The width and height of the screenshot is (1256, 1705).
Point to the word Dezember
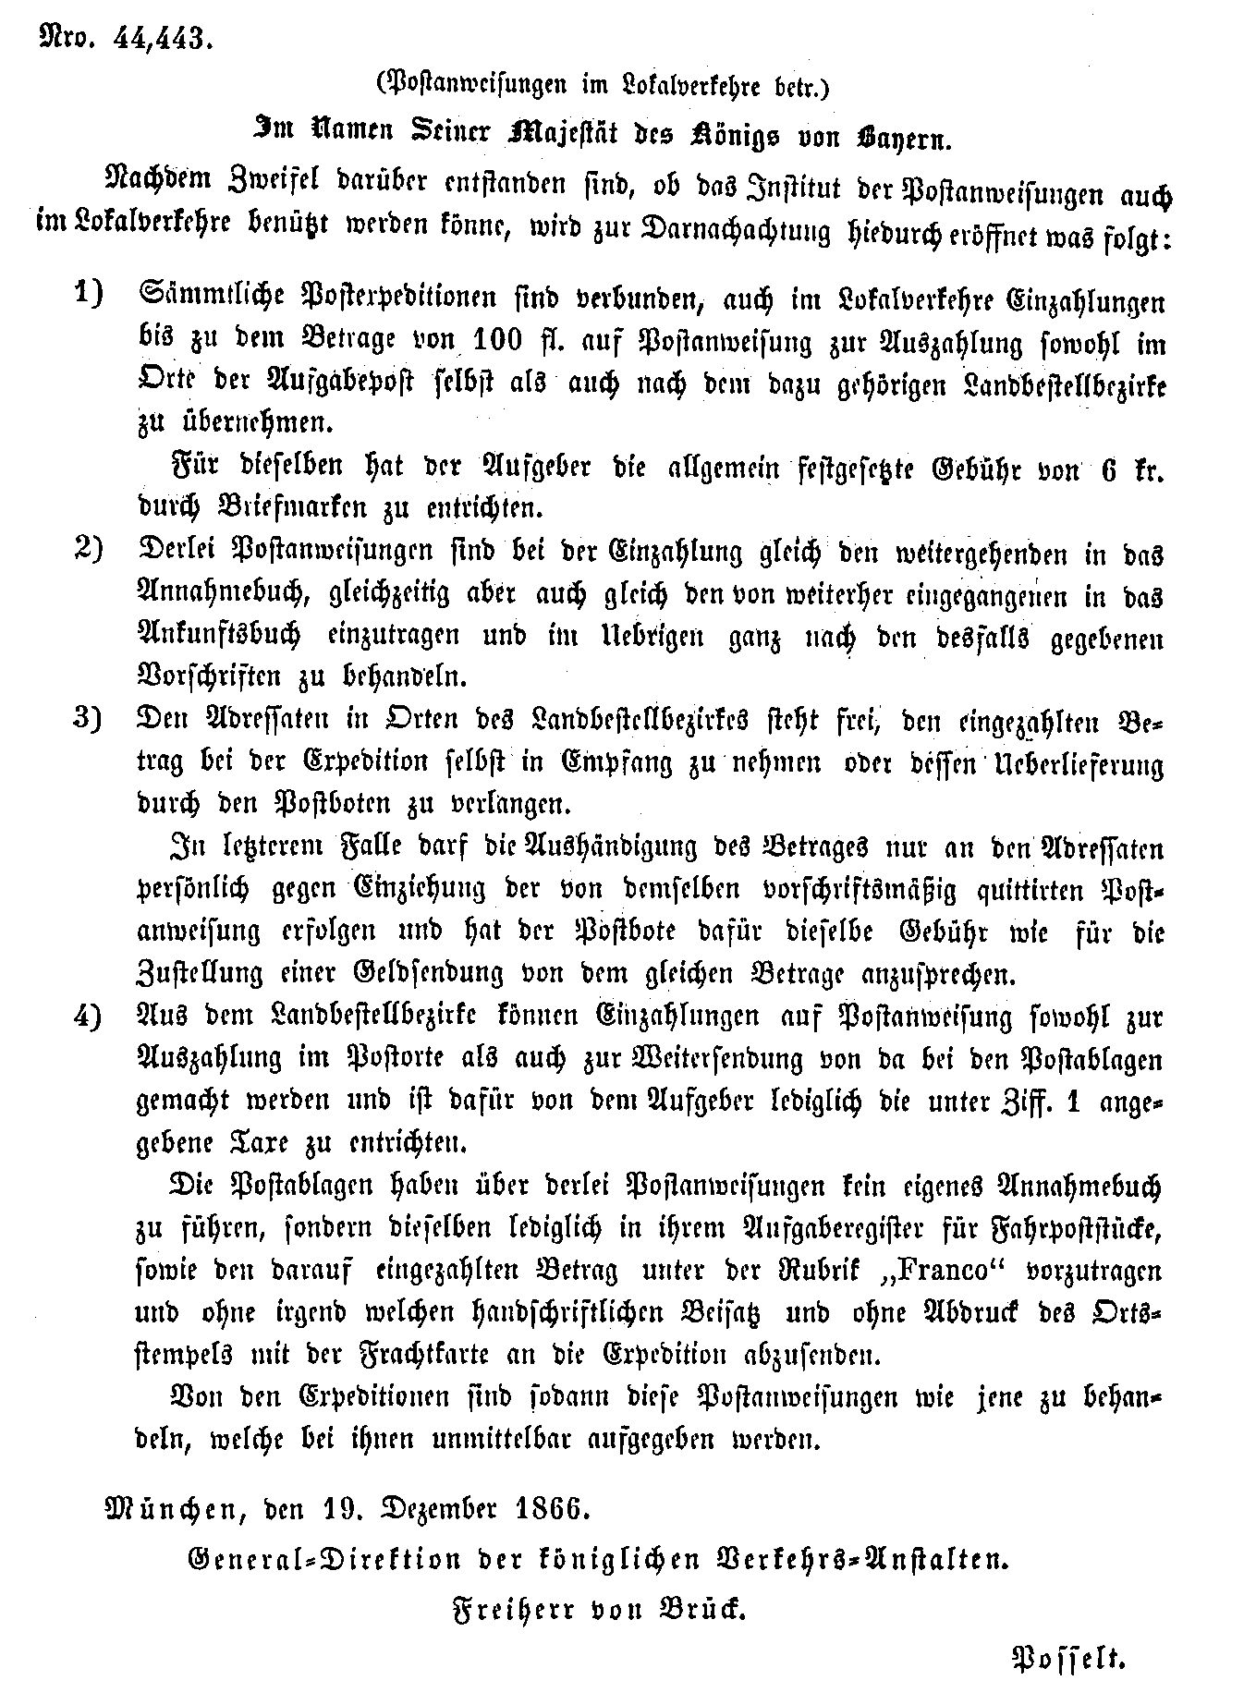coord(434,1511)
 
